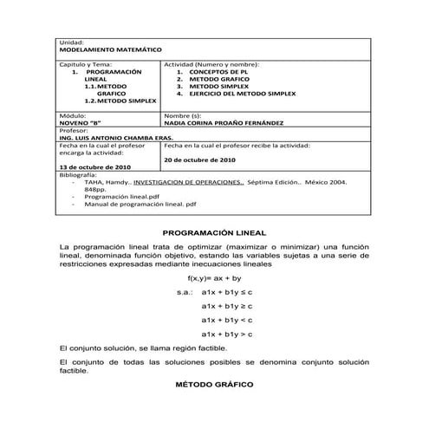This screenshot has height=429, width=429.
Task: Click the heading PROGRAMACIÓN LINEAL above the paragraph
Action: (x=214, y=233)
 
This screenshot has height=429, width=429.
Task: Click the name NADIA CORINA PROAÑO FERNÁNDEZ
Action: (x=231, y=123)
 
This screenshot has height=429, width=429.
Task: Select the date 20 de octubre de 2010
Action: (x=198, y=159)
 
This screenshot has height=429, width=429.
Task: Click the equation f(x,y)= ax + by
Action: (x=215, y=278)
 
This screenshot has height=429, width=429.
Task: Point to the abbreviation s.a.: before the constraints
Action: (x=184, y=292)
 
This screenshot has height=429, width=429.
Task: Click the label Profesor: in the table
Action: (x=74, y=130)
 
